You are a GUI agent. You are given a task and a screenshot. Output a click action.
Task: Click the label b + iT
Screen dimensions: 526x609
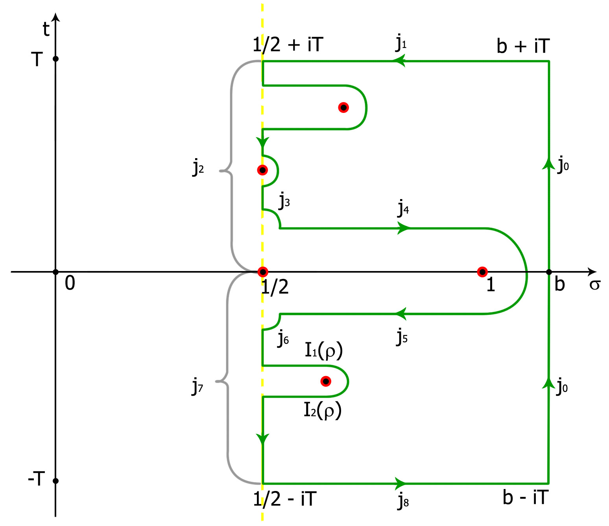coord(523,46)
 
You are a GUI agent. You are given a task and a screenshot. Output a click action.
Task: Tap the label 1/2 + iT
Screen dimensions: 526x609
coord(288,44)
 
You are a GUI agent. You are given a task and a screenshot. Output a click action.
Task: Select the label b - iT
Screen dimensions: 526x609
coord(525,497)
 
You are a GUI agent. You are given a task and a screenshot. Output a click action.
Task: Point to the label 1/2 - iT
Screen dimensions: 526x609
coord(285,499)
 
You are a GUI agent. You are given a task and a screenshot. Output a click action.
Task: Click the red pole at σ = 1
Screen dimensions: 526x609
coord(482,272)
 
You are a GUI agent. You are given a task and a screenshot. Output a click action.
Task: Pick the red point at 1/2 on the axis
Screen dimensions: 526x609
coord(263,272)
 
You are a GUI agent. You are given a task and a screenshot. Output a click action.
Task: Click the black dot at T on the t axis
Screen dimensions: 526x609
coord(55,59)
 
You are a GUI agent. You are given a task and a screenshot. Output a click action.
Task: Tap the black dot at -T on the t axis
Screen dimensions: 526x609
coord(55,481)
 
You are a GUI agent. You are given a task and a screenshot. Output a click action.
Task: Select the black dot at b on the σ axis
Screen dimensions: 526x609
coord(549,272)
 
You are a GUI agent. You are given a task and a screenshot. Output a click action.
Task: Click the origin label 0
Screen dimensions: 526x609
coord(70,283)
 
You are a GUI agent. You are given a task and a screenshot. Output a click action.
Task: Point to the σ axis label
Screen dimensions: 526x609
coord(594,284)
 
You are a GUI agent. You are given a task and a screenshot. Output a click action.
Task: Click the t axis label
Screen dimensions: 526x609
coord(46,30)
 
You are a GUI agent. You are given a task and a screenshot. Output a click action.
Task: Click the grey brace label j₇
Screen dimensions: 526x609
coord(197,386)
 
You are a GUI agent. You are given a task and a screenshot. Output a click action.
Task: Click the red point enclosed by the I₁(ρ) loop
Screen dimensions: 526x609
coord(326,381)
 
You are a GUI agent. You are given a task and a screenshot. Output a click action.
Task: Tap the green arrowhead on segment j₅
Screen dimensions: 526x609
coord(400,314)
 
